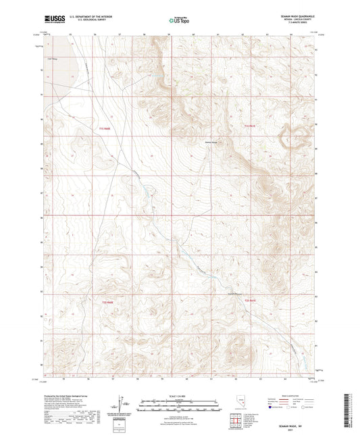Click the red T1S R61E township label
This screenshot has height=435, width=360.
click(x=250, y=127)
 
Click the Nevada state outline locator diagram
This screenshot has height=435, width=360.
click(x=241, y=403)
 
